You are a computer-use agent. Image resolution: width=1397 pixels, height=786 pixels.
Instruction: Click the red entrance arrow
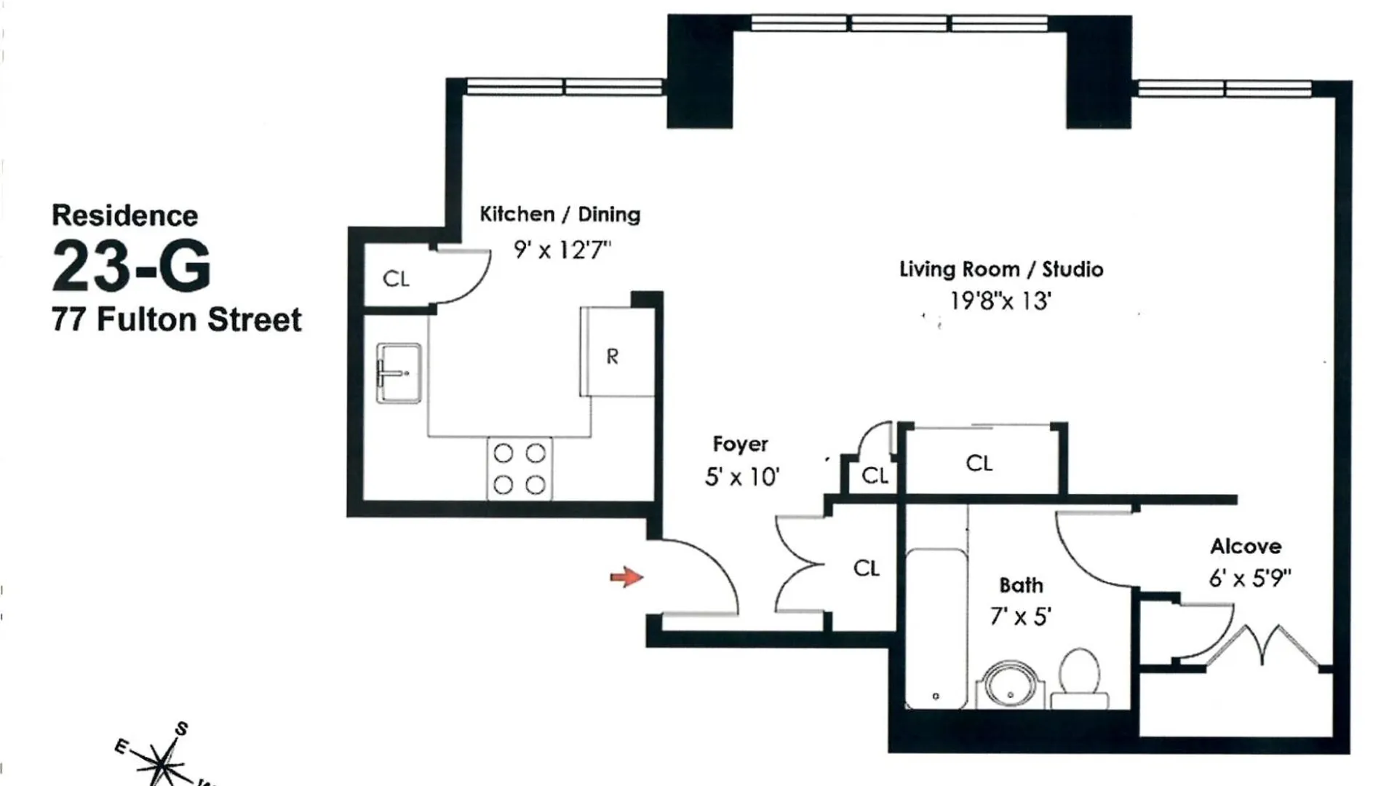point(626,578)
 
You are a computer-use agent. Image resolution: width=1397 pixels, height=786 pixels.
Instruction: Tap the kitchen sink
point(398,373)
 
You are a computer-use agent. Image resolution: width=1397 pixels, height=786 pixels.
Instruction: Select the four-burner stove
point(520,469)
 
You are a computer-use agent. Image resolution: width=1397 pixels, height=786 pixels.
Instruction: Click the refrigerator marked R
point(618,352)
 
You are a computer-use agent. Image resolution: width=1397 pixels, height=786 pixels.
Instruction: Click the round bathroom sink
point(1011,686)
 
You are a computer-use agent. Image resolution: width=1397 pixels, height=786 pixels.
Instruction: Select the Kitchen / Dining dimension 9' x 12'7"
point(562,250)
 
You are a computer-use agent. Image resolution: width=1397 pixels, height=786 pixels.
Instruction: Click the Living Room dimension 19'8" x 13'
point(1000,301)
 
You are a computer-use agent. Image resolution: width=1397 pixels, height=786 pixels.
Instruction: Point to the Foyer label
point(740,444)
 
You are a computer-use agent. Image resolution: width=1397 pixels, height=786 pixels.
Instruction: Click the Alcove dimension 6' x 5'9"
point(1250,579)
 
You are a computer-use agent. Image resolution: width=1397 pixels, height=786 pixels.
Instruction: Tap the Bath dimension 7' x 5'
point(1020,617)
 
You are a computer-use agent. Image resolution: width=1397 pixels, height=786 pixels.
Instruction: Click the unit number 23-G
point(132,266)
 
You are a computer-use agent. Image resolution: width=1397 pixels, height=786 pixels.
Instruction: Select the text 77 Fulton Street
point(176,320)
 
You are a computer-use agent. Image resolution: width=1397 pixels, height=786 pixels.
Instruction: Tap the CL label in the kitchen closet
point(396,279)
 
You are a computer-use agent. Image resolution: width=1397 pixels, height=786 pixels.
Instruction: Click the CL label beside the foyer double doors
point(867,568)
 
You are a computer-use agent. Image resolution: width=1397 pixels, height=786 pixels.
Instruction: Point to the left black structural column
point(700,71)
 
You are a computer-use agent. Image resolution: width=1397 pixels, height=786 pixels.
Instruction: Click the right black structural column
point(1099,71)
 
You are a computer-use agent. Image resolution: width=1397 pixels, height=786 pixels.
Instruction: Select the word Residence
point(124,216)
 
